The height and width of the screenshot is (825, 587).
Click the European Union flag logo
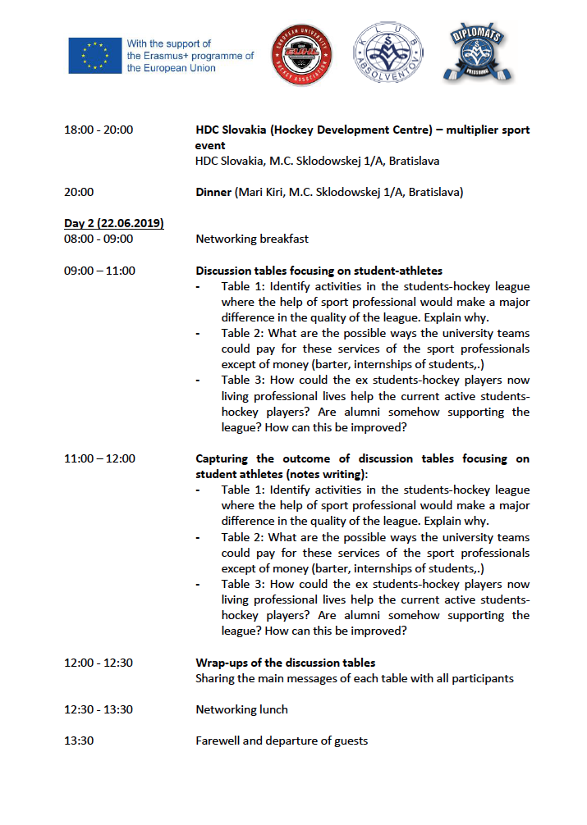[95, 56]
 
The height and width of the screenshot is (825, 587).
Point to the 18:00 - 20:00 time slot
[99, 130]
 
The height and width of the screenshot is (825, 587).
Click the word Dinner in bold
[214, 192]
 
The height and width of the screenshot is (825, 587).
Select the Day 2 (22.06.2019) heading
[114, 223]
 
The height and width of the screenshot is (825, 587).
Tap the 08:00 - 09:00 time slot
[99, 239]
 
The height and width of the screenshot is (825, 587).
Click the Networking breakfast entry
[252, 239]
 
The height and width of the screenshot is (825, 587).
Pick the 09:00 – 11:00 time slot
[99, 271]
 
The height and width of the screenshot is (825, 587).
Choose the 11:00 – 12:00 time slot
[99, 458]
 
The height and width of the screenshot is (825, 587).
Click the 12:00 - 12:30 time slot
[99, 663]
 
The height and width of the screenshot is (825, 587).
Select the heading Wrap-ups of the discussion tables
[285, 663]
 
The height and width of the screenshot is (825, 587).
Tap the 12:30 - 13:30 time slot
[99, 709]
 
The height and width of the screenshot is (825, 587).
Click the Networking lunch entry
[241, 709]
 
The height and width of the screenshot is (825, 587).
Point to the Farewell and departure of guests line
[281, 741]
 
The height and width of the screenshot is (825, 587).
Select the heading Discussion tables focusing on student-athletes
[319, 271]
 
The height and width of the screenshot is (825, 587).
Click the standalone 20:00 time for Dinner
[79, 192]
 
